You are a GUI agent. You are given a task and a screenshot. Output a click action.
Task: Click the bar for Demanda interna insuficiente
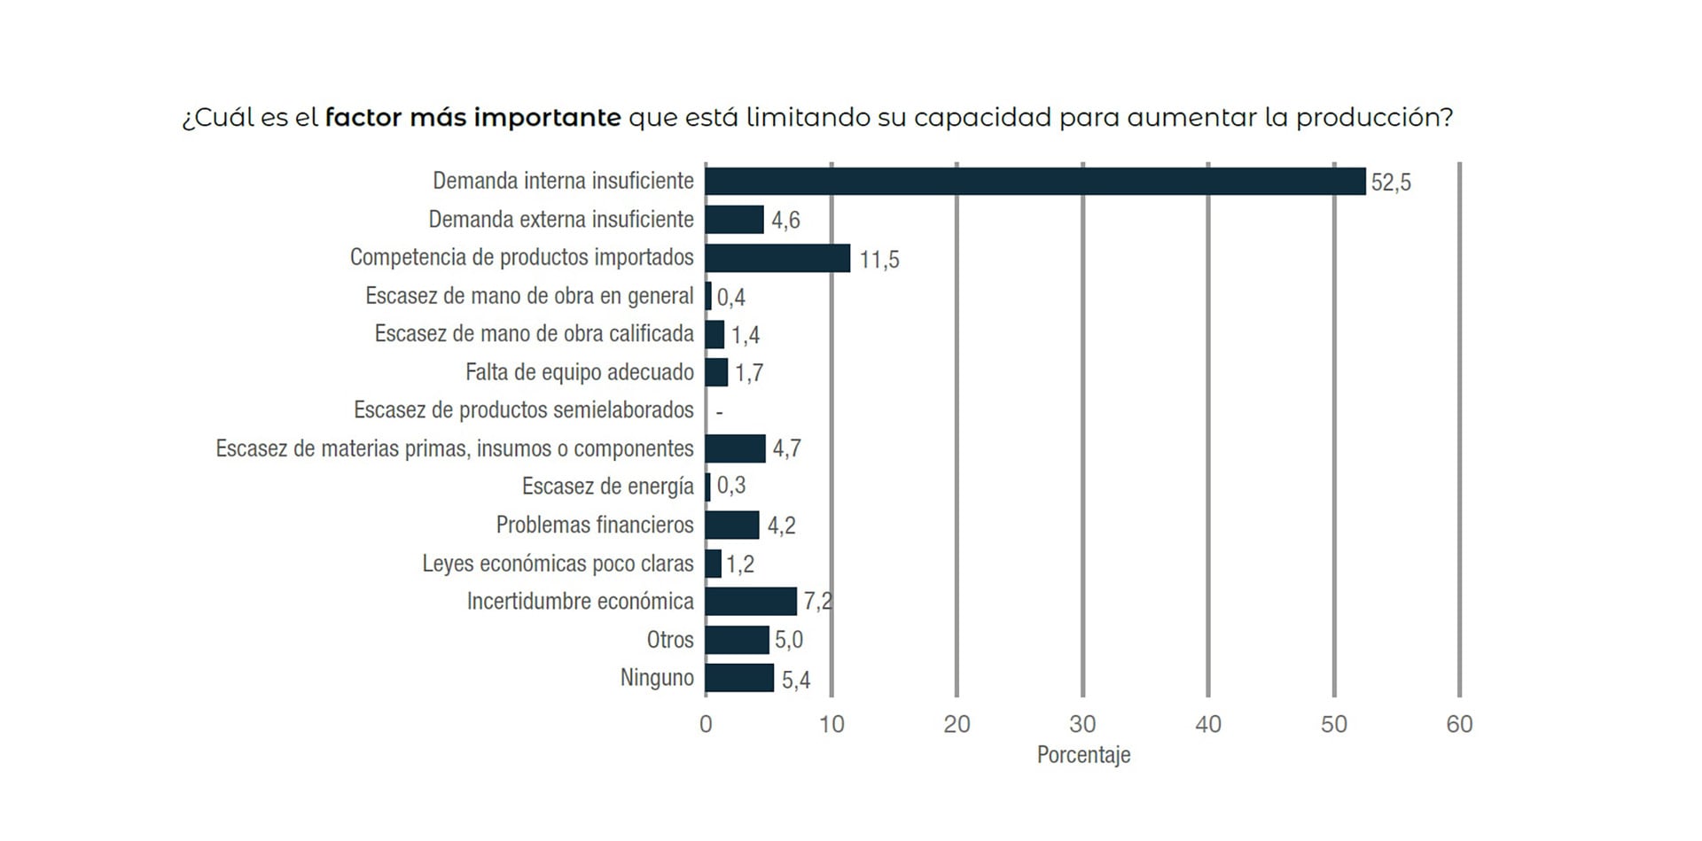click(x=1034, y=181)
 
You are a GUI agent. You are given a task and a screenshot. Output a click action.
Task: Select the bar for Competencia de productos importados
click(x=777, y=258)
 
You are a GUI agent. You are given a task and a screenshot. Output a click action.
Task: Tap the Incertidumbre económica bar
click(x=751, y=602)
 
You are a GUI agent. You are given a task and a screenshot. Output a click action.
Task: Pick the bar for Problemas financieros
click(x=732, y=525)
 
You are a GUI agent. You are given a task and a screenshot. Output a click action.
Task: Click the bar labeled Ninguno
click(x=739, y=678)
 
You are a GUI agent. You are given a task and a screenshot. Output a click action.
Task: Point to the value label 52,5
click(x=1391, y=183)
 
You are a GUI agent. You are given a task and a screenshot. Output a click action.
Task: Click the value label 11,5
click(x=879, y=260)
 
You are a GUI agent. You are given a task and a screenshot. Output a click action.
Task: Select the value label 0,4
click(x=731, y=297)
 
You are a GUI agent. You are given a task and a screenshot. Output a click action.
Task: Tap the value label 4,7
click(x=786, y=448)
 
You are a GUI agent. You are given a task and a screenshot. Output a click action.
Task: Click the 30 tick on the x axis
click(x=1082, y=725)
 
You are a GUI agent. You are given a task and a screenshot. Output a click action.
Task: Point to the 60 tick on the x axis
click(x=1459, y=725)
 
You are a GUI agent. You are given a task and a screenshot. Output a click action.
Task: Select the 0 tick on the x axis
click(x=706, y=725)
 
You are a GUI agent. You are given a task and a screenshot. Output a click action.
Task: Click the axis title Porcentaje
click(x=1083, y=755)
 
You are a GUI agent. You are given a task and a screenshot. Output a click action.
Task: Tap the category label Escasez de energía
click(x=607, y=487)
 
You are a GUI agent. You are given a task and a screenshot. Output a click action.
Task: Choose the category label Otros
click(x=670, y=640)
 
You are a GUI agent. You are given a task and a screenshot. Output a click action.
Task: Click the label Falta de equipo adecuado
click(x=579, y=372)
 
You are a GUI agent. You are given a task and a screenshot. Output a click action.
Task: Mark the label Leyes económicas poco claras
click(x=558, y=564)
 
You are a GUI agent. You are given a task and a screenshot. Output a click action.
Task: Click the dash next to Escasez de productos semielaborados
click(x=719, y=412)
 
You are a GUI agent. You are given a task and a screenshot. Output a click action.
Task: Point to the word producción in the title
click(x=1373, y=117)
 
